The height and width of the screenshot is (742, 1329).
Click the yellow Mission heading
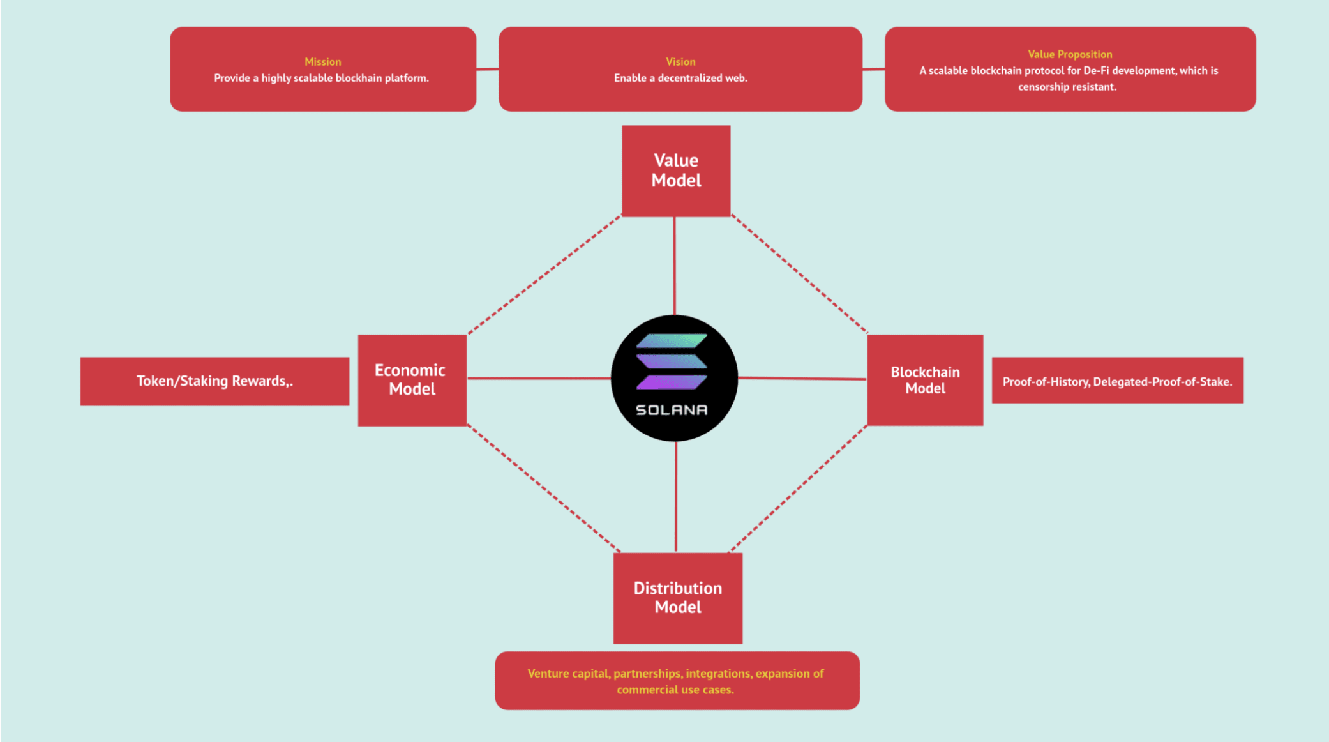pos(322,62)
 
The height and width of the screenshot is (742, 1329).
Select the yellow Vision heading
pos(680,62)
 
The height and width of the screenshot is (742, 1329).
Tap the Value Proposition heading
pos(1070,54)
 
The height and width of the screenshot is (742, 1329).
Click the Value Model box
pos(676,170)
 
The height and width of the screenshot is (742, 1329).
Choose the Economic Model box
pos(412,380)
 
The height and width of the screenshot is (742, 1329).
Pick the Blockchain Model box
pos(925,380)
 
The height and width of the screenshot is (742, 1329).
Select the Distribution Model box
pos(677,598)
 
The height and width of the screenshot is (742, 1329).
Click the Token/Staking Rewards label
pos(214,381)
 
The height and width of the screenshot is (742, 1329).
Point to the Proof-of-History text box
pos(1117,381)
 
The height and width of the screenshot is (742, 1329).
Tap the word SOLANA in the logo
pos(672,410)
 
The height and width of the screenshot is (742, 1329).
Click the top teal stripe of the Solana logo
pos(672,341)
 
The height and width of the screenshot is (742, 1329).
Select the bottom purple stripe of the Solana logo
pos(672,382)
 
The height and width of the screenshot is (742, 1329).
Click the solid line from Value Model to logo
pos(675,265)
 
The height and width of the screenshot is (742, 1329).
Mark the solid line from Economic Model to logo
pos(539,378)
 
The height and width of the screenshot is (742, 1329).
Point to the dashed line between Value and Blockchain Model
pos(799,273)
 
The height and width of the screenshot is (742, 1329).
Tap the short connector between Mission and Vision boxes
pos(487,69)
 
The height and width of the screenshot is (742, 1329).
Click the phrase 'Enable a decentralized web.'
pos(680,78)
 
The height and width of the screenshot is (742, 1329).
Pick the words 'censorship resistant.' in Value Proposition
pos(1067,87)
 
